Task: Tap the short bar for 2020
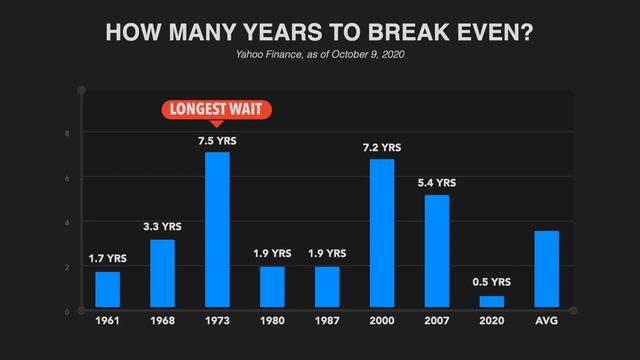(x=492, y=301)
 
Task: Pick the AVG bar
(x=546, y=268)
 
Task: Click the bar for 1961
(x=108, y=289)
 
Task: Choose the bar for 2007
(x=437, y=250)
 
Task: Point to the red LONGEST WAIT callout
(x=217, y=110)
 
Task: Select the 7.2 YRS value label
(x=382, y=148)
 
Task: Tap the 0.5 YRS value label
(x=492, y=282)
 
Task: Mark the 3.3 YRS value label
(x=163, y=226)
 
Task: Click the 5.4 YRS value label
(x=437, y=183)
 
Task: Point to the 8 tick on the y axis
(x=67, y=133)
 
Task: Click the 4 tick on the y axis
(x=67, y=222)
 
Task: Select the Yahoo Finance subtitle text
(x=320, y=54)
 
